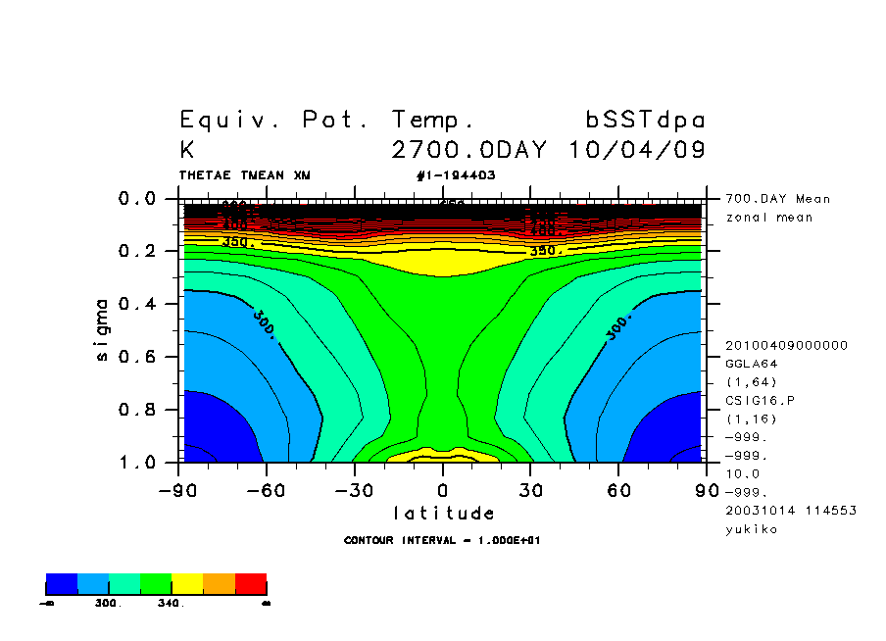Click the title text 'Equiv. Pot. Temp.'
pyautogui.click(x=327, y=121)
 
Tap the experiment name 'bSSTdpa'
pyautogui.click(x=645, y=121)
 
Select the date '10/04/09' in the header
pyautogui.click(x=637, y=151)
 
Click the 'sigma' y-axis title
pyautogui.click(x=103, y=330)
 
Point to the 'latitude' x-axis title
pyautogui.click(x=444, y=514)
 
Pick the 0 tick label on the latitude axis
pyautogui.click(x=443, y=490)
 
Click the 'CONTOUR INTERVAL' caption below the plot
pyautogui.click(x=443, y=540)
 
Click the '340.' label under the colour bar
pyautogui.click(x=171, y=604)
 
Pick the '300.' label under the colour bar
pyautogui.click(x=108, y=604)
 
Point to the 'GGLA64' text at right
pyautogui.click(x=750, y=363)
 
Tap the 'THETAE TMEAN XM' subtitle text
pyautogui.click(x=245, y=175)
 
